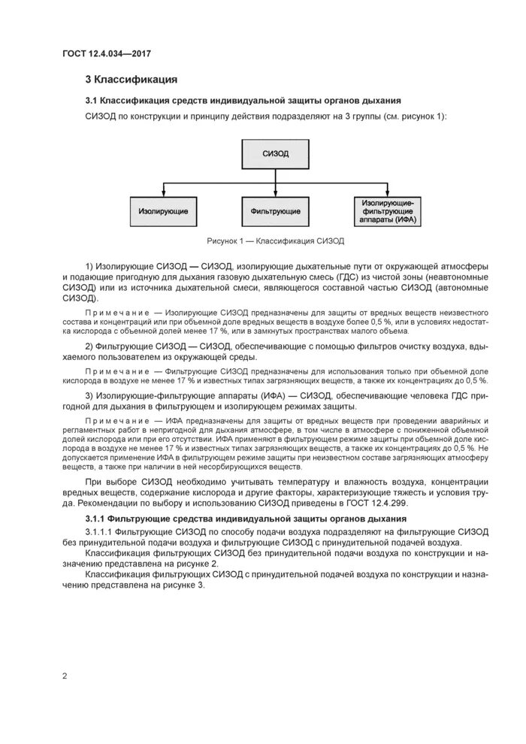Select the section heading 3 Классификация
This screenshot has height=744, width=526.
[x=131, y=80]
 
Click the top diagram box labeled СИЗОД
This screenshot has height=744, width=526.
[x=275, y=153]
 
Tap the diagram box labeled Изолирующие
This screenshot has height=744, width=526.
[x=163, y=211]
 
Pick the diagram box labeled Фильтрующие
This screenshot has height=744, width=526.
[x=275, y=211]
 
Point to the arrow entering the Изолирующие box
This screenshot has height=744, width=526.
[x=163, y=192]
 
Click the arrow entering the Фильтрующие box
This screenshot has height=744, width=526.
[x=275, y=192]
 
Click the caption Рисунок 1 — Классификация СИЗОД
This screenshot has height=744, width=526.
[x=275, y=241]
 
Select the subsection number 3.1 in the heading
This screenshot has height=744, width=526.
[x=91, y=101]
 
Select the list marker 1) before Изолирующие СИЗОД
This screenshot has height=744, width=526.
[x=89, y=267]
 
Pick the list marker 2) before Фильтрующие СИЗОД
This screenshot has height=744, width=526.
[x=89, y=345]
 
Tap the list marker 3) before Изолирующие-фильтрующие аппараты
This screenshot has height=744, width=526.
[x=89, y=395]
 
